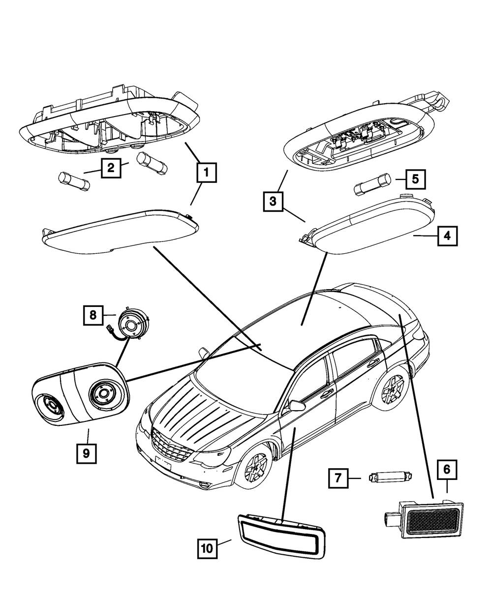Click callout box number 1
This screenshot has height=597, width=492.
207,173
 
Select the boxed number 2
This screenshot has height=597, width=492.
111,168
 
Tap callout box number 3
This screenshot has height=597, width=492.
273,202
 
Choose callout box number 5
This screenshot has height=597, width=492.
415,179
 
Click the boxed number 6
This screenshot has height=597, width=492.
447,470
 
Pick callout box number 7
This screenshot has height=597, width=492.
338,478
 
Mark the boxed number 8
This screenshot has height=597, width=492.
93,315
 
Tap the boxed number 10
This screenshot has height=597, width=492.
207,549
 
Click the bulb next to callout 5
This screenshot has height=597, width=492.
373,184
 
